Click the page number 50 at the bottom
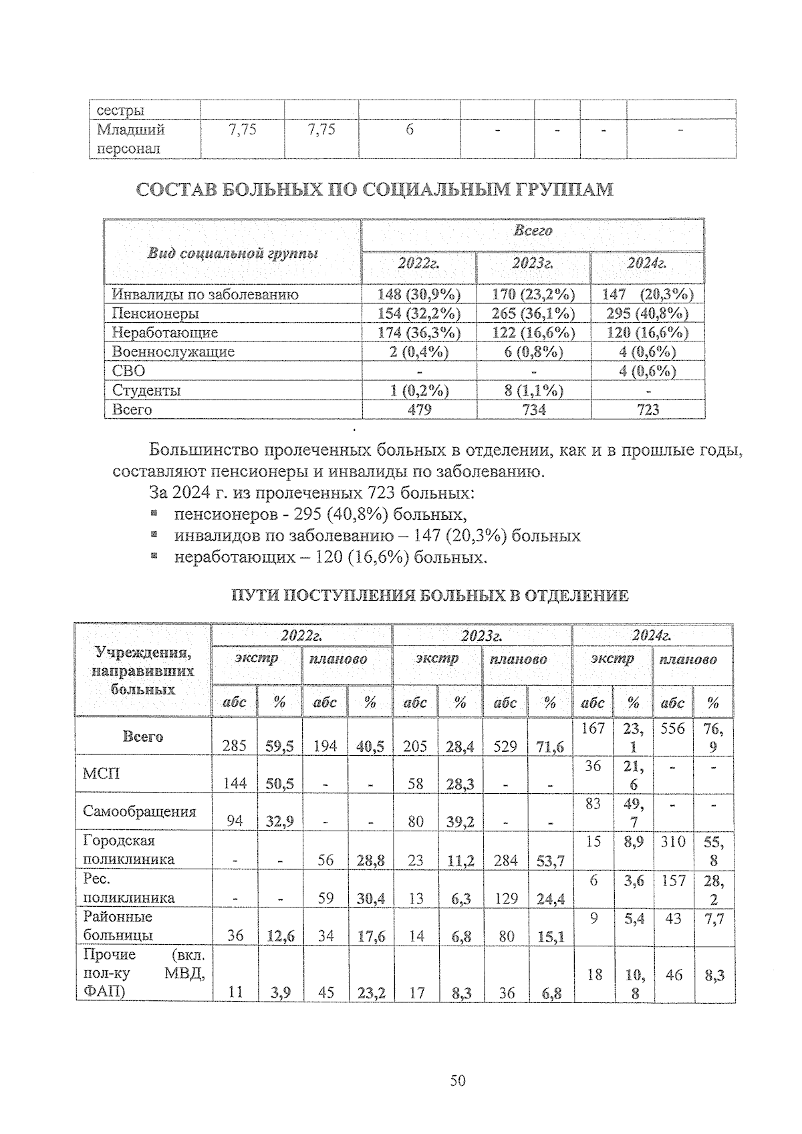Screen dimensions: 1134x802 pyautogui.click(x=458, y=1081)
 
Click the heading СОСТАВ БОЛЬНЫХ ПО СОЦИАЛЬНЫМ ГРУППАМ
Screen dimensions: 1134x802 pyautogui.click(x=374, y=190)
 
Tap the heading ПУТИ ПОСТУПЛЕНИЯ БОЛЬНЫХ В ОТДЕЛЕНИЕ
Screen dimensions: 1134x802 pyautogui.click(x=430, y=595)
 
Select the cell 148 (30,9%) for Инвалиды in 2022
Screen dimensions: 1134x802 pyautogui.click(x=419, y=294)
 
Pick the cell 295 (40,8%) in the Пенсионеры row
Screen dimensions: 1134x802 pyautogui.click(x=648, y=313)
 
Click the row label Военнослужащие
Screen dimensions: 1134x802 pyautogui.click(x=173, y=351)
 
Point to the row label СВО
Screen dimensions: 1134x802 pyautogui.click(x=128, y=371)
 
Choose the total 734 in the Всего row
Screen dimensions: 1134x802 pyautogui.click(x=533, y=410)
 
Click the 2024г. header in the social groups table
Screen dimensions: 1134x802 pyautogui.click(x=647, y=263)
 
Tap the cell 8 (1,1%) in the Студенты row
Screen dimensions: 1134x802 pyautogui.click(x=533, y=390)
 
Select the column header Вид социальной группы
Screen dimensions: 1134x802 pyautogui.click(x=233, y=253)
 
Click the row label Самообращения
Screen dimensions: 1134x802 pyautogui.click(x=140, y=811)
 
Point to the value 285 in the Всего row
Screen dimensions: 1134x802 pyautogui.click(x=235, y=746)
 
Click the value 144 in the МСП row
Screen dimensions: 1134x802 pyautogui.click(x=235, y=784)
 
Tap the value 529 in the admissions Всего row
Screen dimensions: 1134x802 pyautogui.click(x=505, y=746)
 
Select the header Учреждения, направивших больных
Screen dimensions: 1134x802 pyautogui.click(x=143, y=670)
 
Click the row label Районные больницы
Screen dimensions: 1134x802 pyautogui.click(x=118, y=926)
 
